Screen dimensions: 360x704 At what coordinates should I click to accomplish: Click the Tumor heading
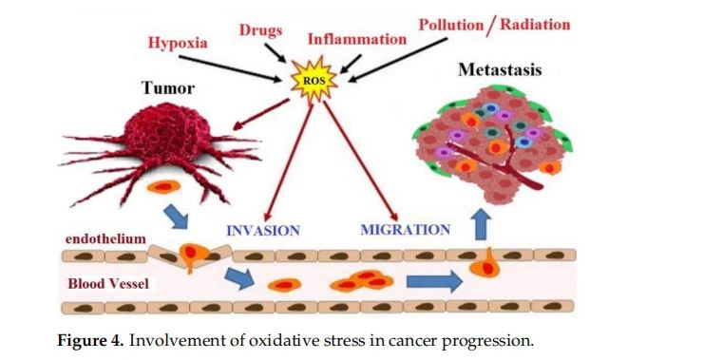point(168,89)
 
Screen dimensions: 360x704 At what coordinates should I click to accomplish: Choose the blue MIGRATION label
point(406,230)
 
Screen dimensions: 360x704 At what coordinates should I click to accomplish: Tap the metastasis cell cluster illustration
point(492,142)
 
